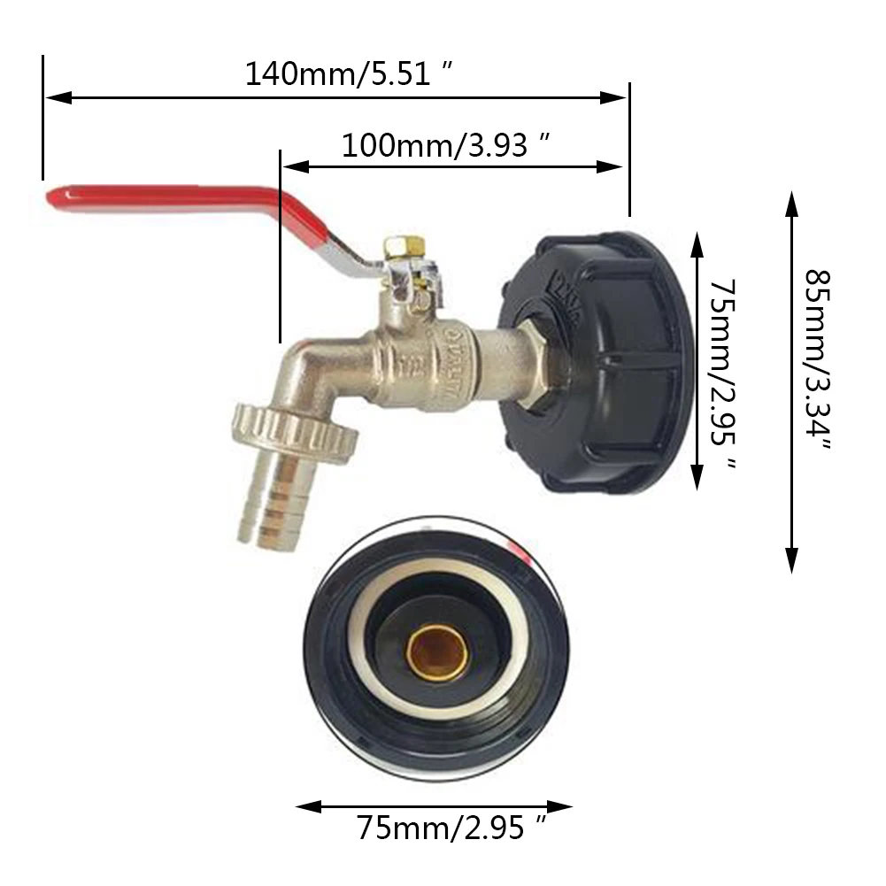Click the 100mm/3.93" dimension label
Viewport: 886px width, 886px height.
pos(448,144)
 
